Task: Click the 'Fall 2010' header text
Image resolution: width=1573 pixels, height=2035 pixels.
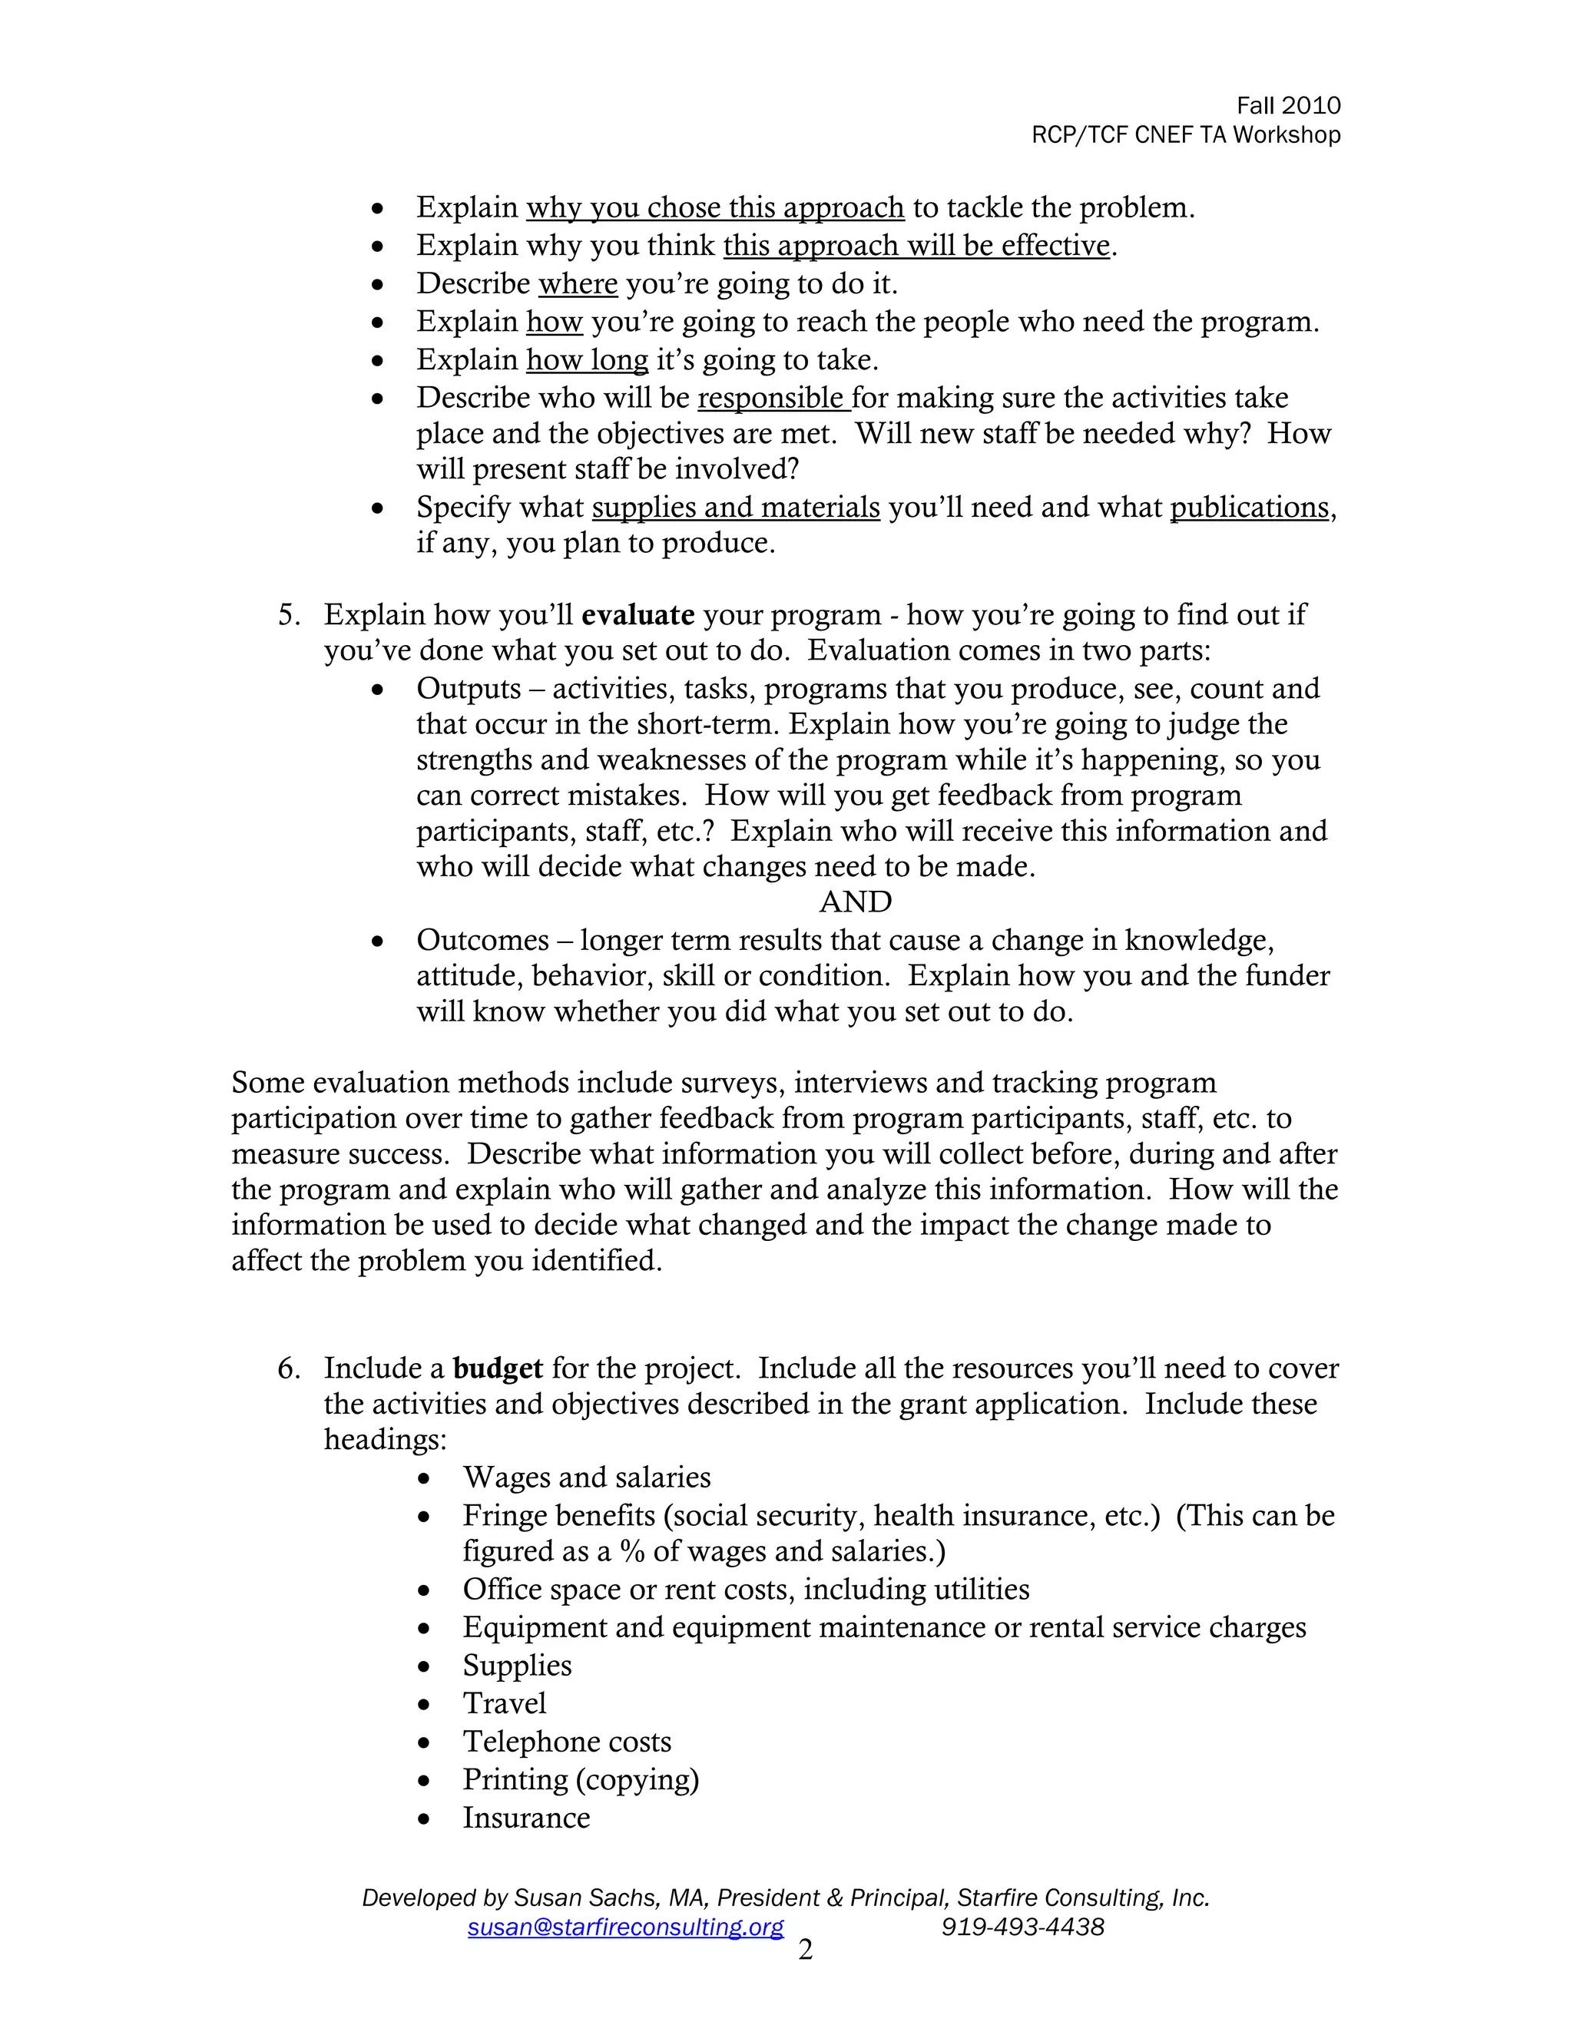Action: (x=1288, y=105)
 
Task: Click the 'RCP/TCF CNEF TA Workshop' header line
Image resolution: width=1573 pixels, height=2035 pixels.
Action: (x=1185, y=135)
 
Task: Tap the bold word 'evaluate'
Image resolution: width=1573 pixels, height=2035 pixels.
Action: (x=637, y=615)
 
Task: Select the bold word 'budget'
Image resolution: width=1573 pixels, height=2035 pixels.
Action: (x=498, y=1368)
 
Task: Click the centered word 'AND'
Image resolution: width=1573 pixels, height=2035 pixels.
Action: (x=856, y=902)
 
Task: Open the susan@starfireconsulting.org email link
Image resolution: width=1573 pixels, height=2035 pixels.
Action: (x=625, y=1927)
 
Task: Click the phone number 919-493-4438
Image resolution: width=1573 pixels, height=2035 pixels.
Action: (x=1022, y=1927)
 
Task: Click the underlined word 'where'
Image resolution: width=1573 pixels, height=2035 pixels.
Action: (x=578, y=283)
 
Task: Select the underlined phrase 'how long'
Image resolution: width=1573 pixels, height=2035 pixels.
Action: (x=587, y=359)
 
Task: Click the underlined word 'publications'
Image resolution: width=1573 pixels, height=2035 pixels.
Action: (x=1249, y=507)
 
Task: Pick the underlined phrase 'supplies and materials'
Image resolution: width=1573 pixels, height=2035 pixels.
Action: (x=735, y=507)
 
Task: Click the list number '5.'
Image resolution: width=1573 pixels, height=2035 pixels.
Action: (x=289, y=615)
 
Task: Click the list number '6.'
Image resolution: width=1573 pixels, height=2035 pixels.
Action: (x=289, y=1368)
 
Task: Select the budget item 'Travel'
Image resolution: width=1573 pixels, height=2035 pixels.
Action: (x=504, y=1703)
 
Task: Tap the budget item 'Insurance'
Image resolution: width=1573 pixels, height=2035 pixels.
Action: (x=526, y=1817)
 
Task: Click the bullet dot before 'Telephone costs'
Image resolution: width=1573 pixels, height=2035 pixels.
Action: (x=424, y=1742)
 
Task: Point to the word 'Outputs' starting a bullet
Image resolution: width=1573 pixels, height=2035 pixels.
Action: (x=469, y=689)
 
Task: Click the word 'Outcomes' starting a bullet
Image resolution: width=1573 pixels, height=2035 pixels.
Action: (x=482, y=940)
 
